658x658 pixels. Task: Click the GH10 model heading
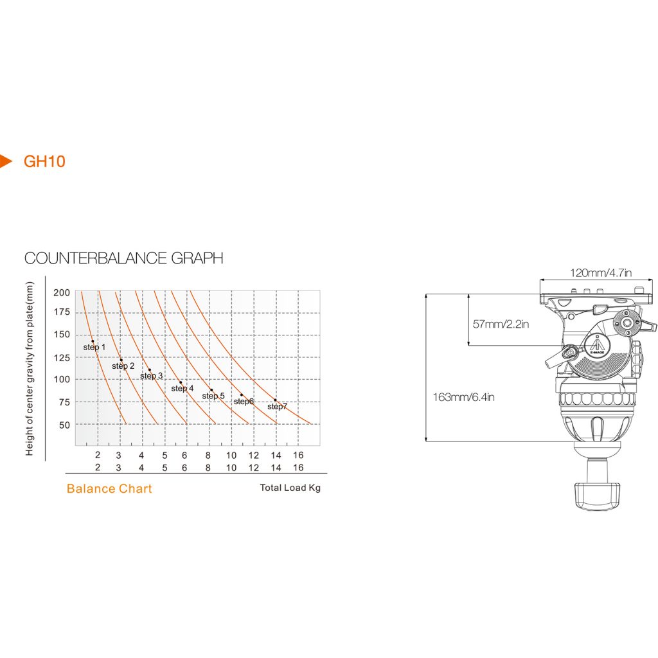[x=44, y=161]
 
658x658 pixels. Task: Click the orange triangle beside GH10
[x=5, y=161]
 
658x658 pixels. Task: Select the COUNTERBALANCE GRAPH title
[x=124, y=258]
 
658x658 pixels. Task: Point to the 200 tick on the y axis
[x=62, y=292]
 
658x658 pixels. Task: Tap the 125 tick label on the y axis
[x=62, y=358]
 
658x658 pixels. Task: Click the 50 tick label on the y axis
[x=64, y=425]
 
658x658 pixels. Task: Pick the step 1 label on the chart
[x=94, y=348]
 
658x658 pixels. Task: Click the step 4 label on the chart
[x=182, y=389]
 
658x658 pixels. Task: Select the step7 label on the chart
[x=278, y=407]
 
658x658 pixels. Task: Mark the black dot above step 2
[x=121, y=360]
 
